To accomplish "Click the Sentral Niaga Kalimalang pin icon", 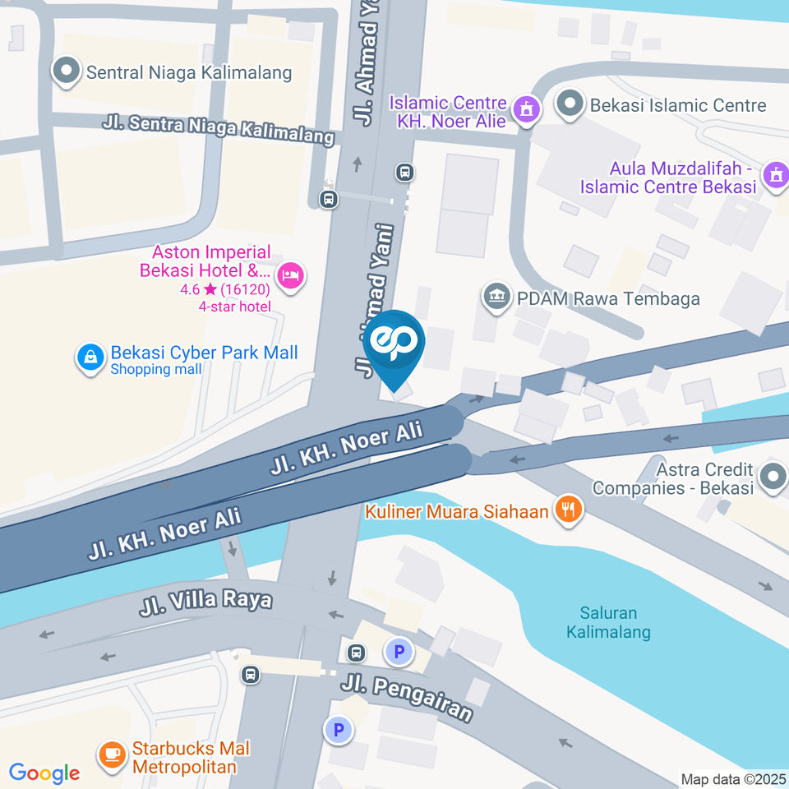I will [x=66, y=72].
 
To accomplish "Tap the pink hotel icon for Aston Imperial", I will [x=290, y=275].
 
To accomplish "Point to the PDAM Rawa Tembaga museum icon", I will [x=495, y=298].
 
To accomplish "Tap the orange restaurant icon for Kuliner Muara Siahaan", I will [x=567, y=510].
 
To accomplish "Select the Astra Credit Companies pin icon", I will [x=773, y=478].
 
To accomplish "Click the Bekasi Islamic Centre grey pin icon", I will [x=568, y=104].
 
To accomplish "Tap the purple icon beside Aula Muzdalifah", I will [x=773, y=175].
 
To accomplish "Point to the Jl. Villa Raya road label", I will [x=205, y=602].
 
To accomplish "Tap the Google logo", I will [x=44, y=773].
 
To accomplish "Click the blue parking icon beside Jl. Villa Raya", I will [x=399, y=653].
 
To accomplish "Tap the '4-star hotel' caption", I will [x=234, y=307].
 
